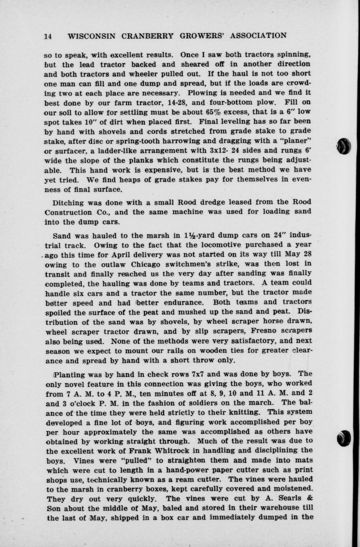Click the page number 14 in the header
(x=48, y=36)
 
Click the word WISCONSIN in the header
(x=92, y=36)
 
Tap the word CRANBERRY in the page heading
(x=147, y=36)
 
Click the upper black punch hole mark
(x=345, y=146)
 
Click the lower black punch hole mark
(x=345, y=438)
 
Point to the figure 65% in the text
(x=214, y=112)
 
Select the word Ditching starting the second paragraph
(x=68, y=202)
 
